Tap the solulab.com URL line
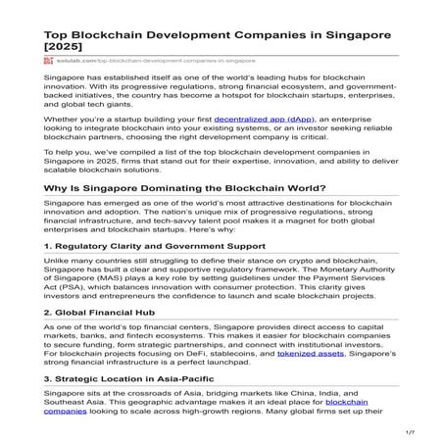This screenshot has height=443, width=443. [147, 60]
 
